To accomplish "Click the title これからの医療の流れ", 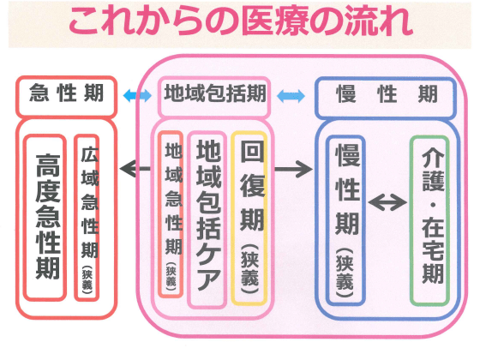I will tap(240, 22).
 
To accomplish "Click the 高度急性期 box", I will tap(45, 217).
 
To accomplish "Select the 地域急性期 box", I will tap(172, 214).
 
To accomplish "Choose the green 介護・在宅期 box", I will tap(432, 219).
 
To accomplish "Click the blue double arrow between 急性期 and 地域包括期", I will tap(135, 94).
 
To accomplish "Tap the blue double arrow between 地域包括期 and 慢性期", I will tap(292, 94).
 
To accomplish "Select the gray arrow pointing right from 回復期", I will tap(292, 169).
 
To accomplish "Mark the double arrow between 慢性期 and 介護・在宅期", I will tap(388, 204).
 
